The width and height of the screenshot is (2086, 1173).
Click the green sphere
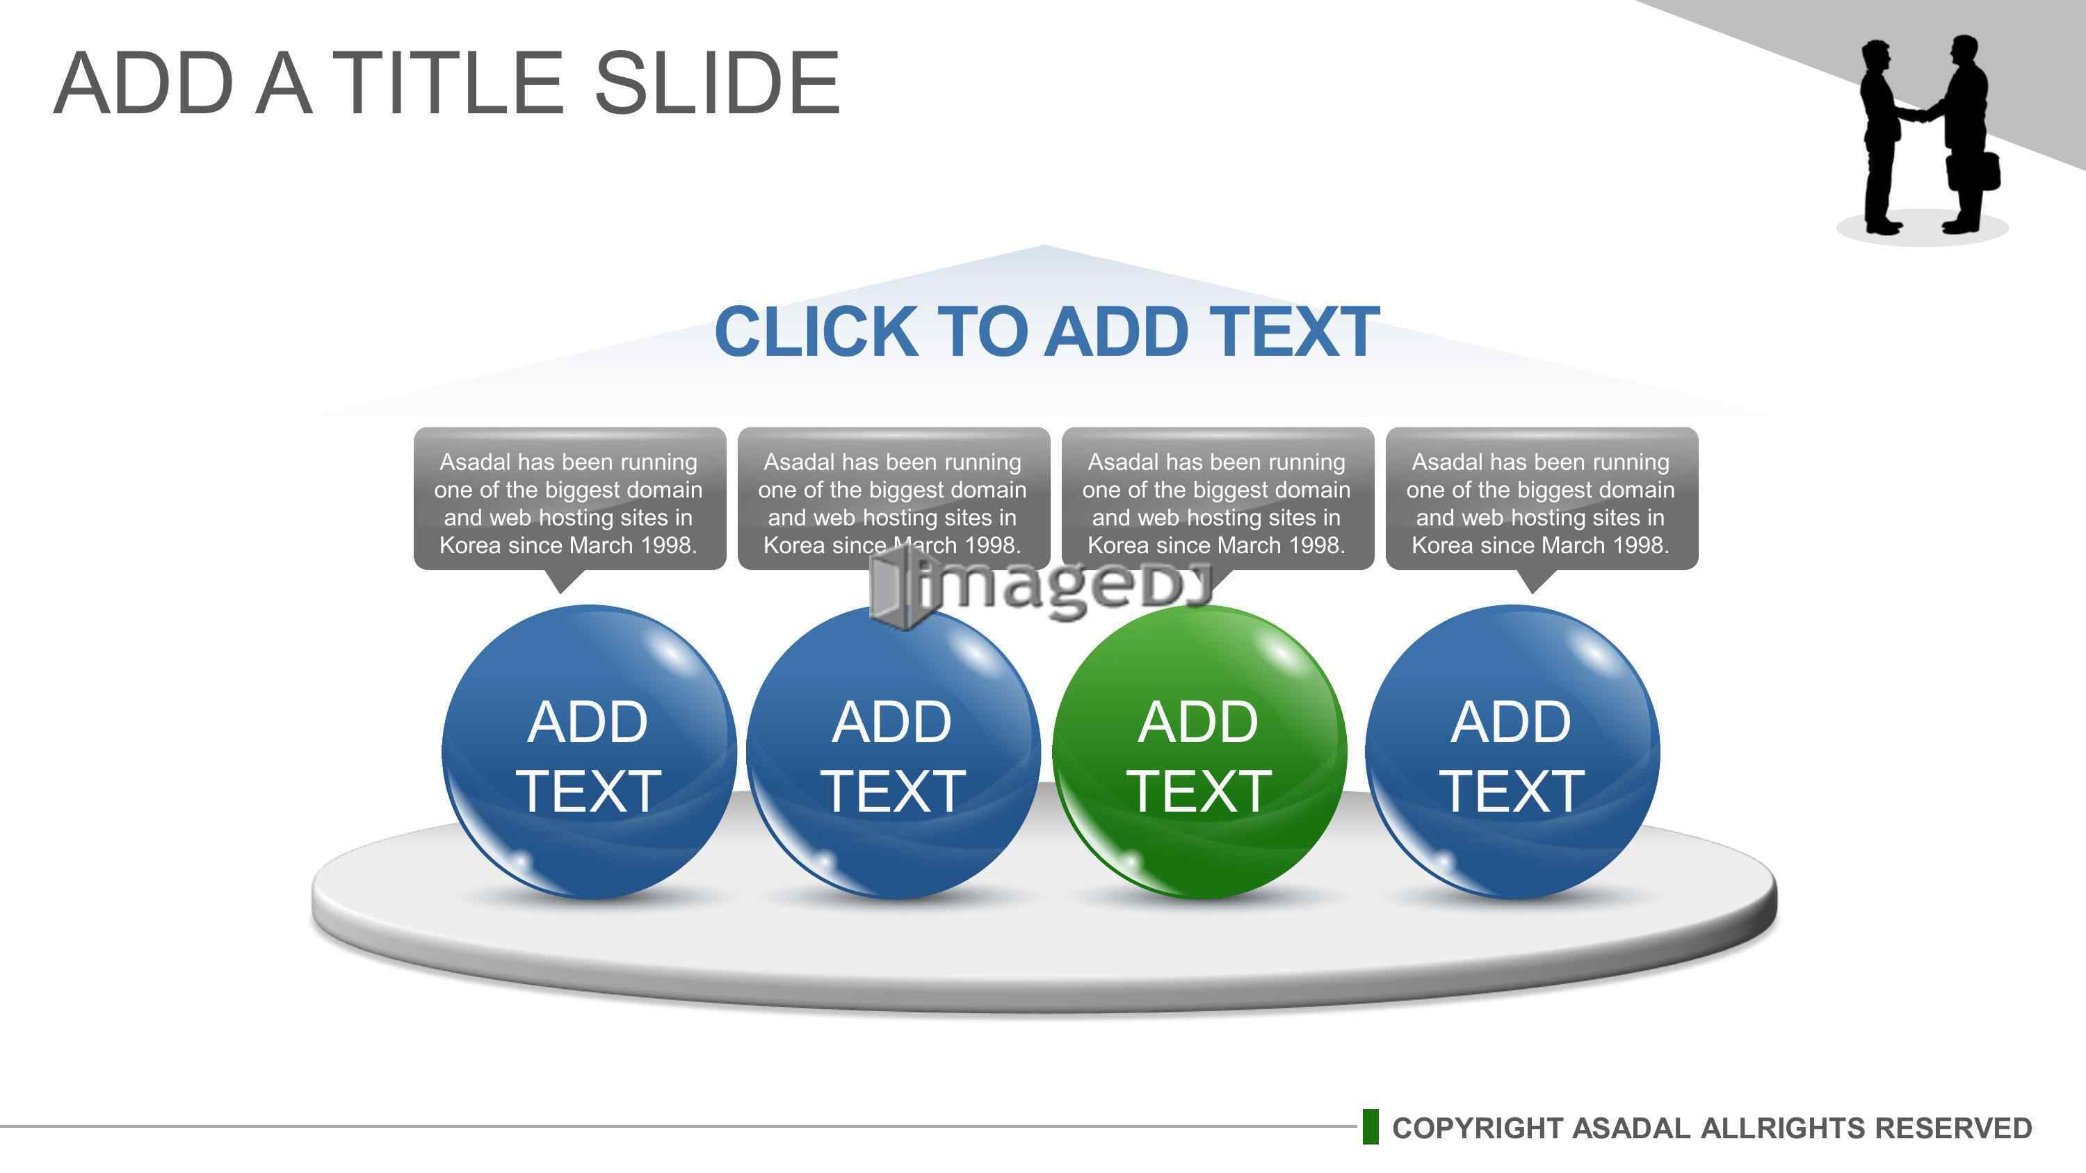tap(1199, 752)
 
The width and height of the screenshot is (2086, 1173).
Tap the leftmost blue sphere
tap(589, 752)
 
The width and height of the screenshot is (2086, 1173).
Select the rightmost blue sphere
tap(1512, 752)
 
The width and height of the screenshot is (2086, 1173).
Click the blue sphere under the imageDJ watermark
tap(894, 752)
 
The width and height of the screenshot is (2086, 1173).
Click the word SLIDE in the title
tap(718, 83)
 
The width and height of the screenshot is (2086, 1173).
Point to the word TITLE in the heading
tap(448, 83)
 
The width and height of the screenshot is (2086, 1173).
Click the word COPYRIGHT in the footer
tap(1478, 1128)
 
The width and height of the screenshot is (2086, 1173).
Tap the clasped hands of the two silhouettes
tap(1914, 115)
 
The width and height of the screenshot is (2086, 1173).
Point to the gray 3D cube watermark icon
tap(900, 587)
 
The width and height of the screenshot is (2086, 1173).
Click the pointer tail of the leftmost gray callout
tap(560, 580)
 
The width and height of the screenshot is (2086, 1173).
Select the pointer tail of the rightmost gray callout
tap(1532, 580)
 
